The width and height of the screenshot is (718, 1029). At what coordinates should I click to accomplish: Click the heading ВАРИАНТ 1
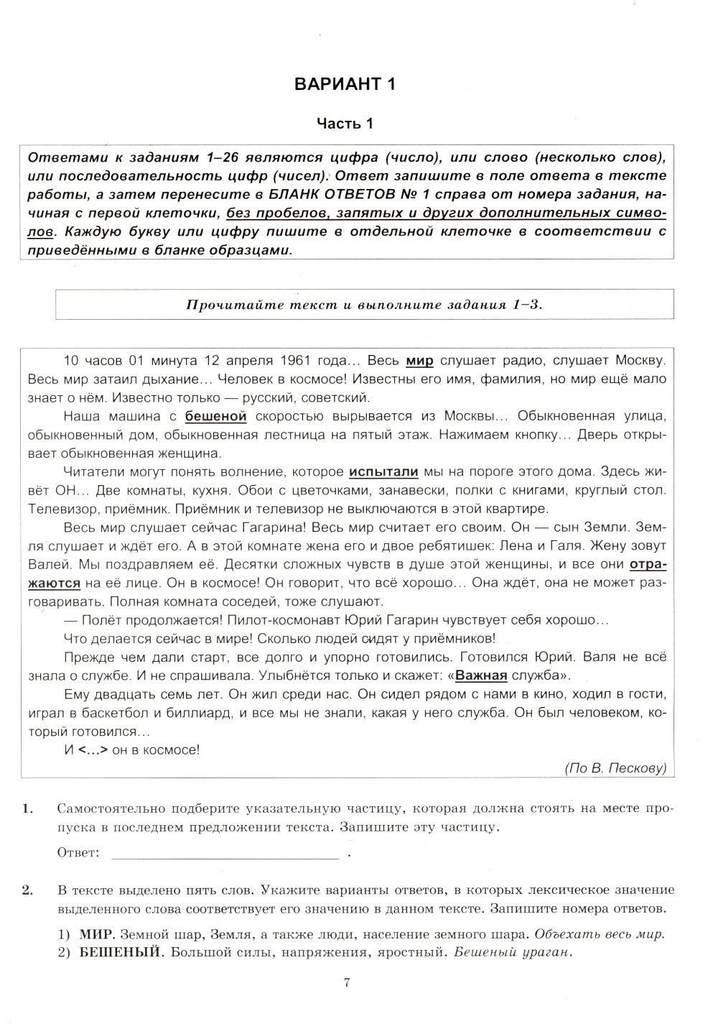point(345,84)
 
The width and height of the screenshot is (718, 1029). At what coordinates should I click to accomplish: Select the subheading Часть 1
point(345,124)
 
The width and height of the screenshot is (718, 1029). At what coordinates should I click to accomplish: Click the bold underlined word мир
point(419,360)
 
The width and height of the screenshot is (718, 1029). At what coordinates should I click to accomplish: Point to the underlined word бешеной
point(215,416)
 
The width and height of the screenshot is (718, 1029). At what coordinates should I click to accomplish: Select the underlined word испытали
point(383,472)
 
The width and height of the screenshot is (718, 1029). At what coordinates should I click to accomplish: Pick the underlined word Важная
point(481,675)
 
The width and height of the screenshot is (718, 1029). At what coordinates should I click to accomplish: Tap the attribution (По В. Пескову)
point(615,768)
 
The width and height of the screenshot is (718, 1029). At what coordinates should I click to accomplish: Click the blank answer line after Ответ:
point(225,853)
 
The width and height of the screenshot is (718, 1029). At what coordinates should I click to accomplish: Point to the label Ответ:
point(78,853)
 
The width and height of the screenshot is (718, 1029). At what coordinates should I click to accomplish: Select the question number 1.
point(27,808)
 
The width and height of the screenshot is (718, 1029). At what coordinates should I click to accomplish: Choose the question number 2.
point(27,890)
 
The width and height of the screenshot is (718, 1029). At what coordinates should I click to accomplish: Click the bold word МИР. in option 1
point(97,935)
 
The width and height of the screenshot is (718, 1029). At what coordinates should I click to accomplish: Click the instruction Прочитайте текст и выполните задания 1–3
point(365,304)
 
